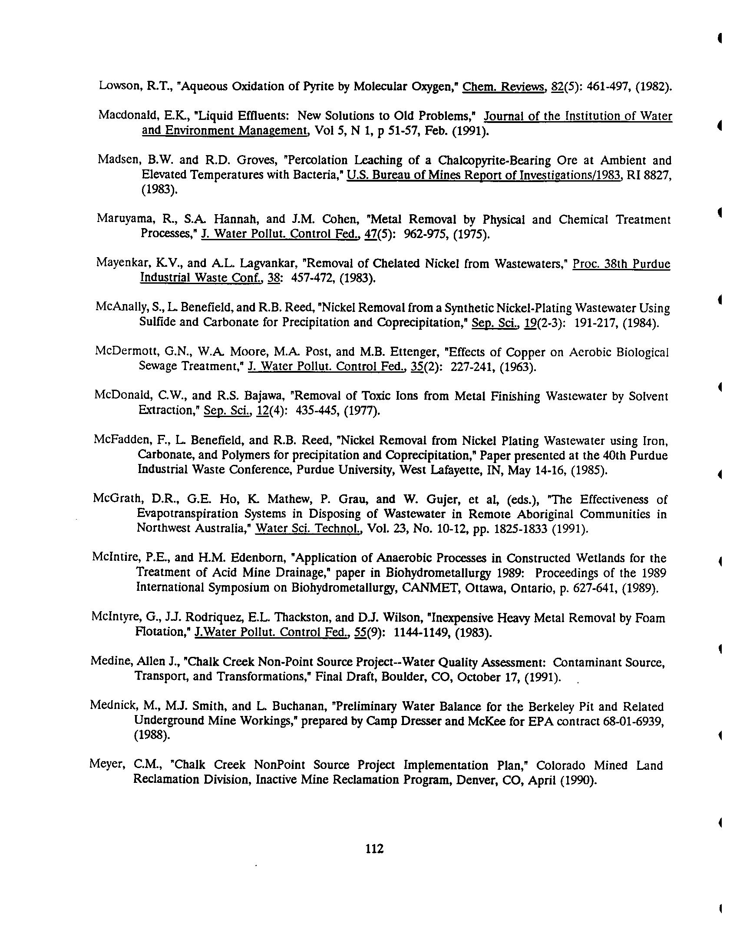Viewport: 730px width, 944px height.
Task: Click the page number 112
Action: (374, 848)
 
